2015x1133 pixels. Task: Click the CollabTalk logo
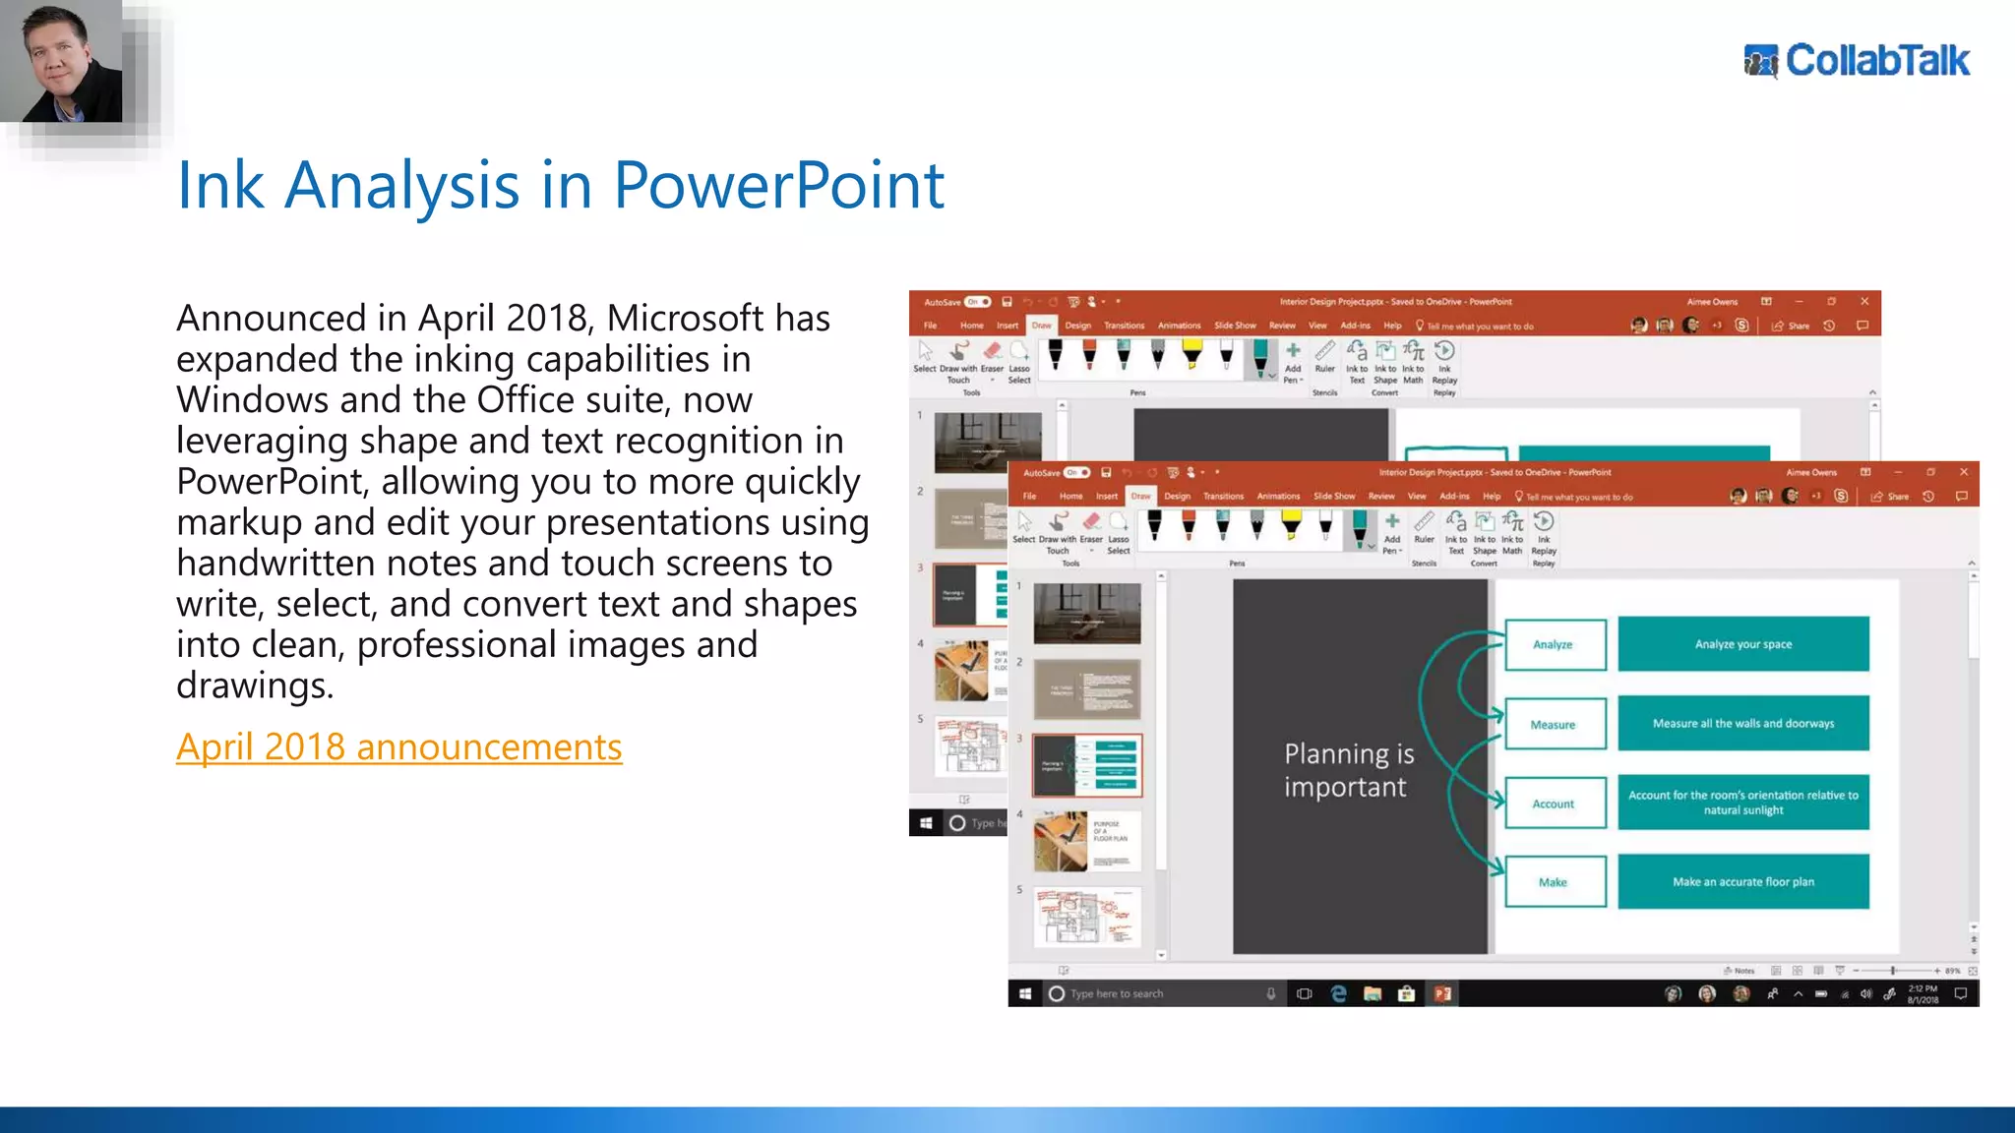point(1857,61)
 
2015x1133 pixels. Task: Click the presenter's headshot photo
point(61,61)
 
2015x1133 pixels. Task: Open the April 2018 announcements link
point(398,747)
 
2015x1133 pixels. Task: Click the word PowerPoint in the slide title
point(778,185)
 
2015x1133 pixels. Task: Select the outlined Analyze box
point(1555,644)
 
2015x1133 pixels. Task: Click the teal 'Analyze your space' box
point(1742,644)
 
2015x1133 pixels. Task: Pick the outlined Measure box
point(1555,724)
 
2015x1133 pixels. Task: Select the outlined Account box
point(1555,804)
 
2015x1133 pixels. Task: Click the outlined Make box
point(1555,882)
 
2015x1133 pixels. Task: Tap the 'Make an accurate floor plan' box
point(1742,882)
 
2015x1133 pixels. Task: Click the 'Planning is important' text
point(1348,770)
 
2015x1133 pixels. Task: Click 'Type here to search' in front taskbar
point(1117,994)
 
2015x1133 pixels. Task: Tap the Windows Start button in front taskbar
point(1024,994)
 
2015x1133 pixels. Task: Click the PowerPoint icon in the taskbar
point(1442,994)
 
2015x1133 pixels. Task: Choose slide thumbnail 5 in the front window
point(1087,917)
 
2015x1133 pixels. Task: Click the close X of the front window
point(1963,472)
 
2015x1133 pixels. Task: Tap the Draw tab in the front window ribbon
point(1140,497)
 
